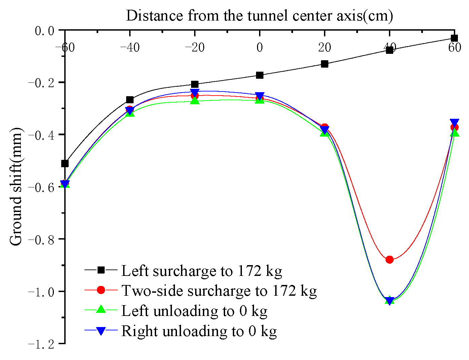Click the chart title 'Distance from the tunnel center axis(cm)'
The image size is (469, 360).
click(259, 15)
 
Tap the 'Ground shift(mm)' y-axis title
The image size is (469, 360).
click(15, 187)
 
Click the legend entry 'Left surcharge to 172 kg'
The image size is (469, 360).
click(201, 271)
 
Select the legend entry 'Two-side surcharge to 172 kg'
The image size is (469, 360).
click(219, 291)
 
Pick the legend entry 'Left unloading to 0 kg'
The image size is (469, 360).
click(194, 311)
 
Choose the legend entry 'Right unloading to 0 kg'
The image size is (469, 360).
click(199, 331)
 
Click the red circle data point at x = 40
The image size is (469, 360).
click(390, 259)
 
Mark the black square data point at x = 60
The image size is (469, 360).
click(455, 38)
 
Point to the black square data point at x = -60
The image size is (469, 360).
click(65, 164)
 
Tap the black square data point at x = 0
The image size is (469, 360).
click(260, 75)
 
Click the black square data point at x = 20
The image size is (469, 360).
click(325, 64)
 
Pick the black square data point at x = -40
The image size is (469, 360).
click(130, 100)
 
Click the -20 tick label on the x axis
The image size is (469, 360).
click(194, 48)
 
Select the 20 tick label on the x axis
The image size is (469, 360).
click(325, 48)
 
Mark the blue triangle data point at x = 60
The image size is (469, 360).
click(455, 123)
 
